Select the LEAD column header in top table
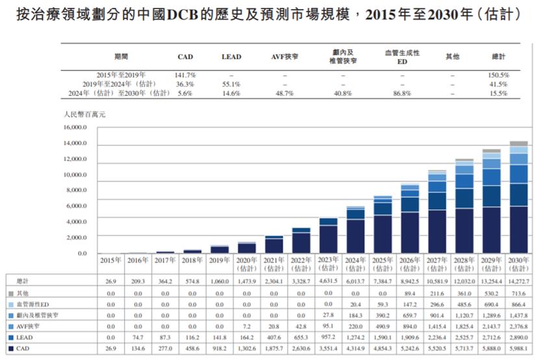(231, 57)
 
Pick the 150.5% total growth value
(499, 75)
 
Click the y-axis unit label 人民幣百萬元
(84, 114)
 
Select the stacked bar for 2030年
(518, 198)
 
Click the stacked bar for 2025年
(383, 224)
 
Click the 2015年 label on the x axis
(110, 260)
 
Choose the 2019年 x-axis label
(219, 260)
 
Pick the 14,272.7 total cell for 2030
(518, 280)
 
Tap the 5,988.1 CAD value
(518, 350)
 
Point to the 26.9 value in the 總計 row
(110, 280)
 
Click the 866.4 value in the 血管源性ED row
(518, 303)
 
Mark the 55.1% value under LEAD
(231, 84)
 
